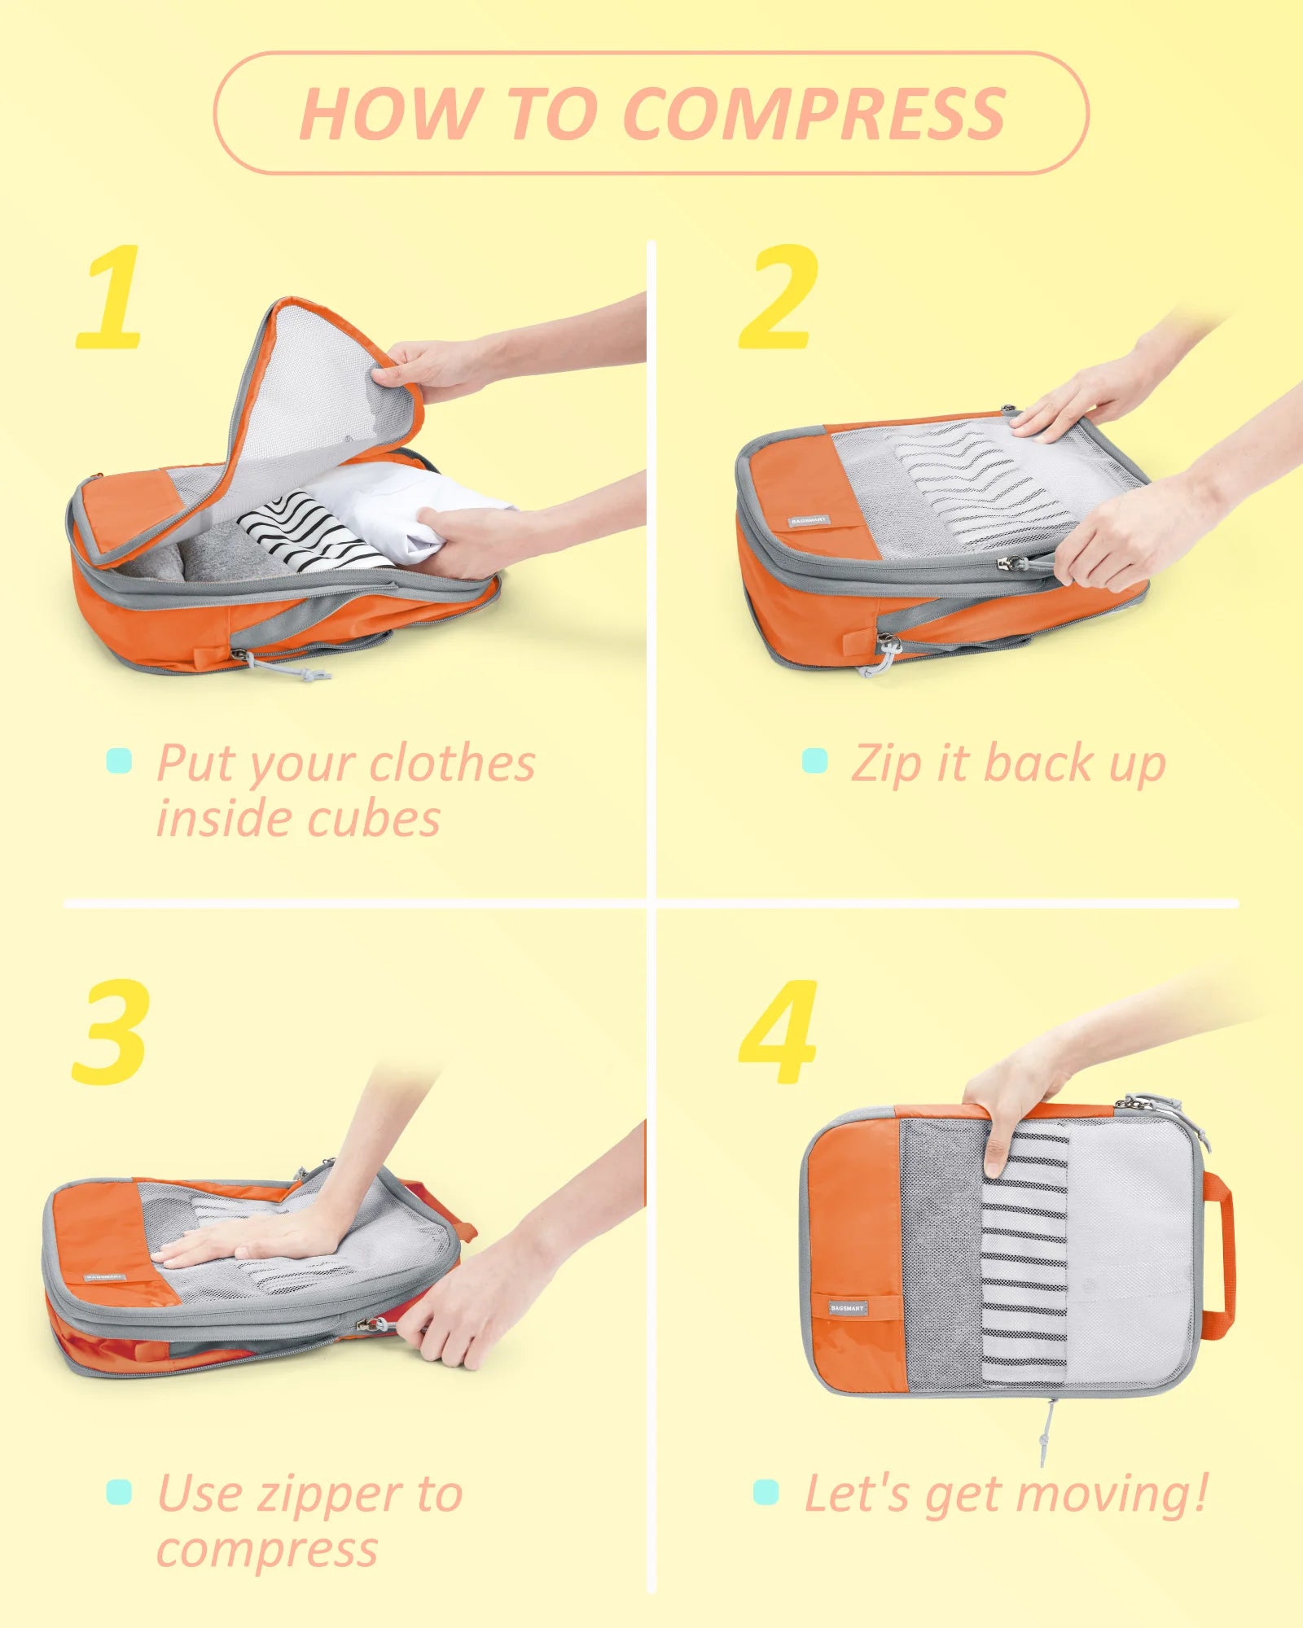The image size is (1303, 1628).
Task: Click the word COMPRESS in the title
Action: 814,114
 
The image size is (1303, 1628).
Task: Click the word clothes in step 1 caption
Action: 452,764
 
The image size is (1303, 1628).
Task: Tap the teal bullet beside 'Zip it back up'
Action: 814,761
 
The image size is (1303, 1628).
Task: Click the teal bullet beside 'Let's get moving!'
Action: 766,1492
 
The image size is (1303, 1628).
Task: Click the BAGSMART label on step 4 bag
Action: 847,1307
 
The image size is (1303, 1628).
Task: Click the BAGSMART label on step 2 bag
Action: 808,519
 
